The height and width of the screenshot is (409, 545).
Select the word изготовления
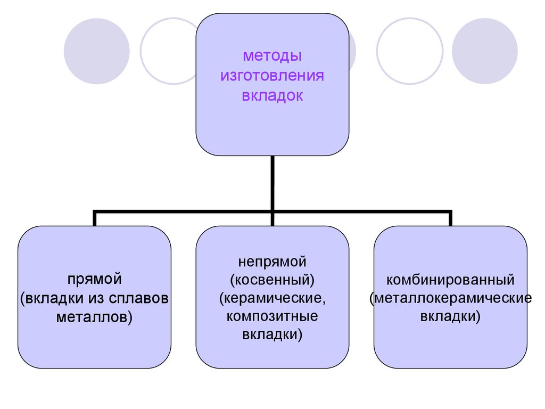point(272,76)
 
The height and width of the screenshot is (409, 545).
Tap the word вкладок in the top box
point(272,96)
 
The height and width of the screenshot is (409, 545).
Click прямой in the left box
point(95,279)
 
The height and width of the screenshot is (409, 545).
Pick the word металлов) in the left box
point(95,318)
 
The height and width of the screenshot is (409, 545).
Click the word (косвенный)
point(272,279)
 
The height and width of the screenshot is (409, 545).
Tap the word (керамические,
point(272,298)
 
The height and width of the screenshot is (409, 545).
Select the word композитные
point(272,316)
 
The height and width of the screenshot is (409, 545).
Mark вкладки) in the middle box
point(272,335)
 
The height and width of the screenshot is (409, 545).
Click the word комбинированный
point(450,279)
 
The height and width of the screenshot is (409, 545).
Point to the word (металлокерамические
point(450,298)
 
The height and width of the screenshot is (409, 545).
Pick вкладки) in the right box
point(450,317)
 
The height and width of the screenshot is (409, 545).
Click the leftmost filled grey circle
point(96,51)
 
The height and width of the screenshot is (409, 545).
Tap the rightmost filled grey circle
point(485,51)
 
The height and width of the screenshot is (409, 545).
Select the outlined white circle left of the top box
point(169,51)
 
